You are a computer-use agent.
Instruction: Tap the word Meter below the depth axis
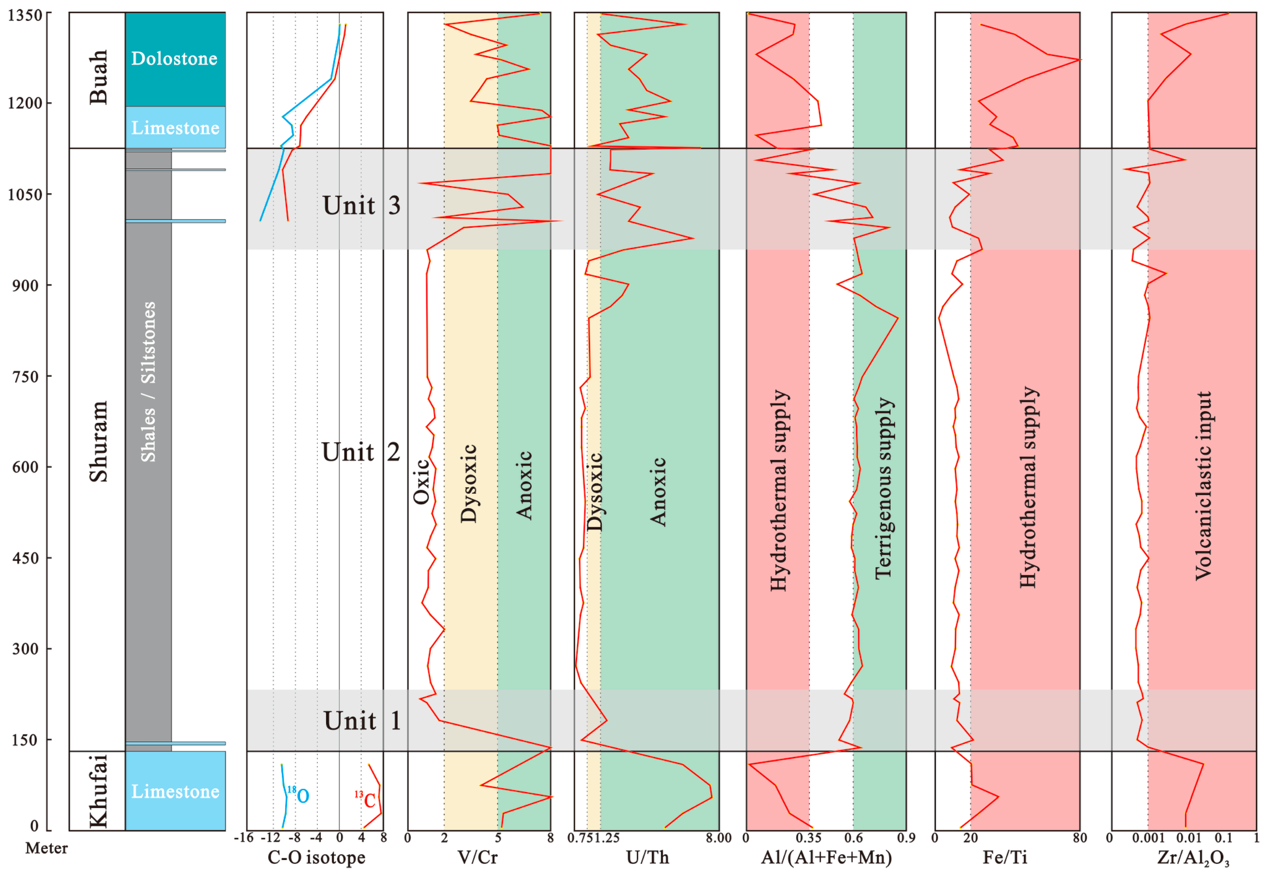(47, 848)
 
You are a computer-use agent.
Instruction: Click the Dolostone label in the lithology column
(174, 59)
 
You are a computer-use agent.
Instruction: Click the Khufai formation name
(98, 791)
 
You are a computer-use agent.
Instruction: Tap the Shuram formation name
(98, 441)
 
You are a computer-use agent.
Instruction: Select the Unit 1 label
(362, 720)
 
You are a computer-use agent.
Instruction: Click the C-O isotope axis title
(316, 857)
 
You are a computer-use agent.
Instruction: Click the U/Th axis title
(647, 857)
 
